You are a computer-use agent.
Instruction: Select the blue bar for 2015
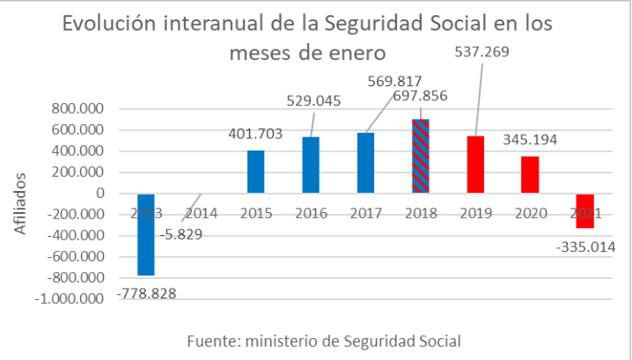coord(254,172)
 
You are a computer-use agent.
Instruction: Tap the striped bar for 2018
coord(421,156)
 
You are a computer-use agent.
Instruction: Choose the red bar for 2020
coord(530,174)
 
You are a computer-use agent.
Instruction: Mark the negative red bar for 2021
coord(585,211)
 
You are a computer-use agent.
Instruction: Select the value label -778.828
coord(146,292)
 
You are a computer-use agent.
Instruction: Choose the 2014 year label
coord(201,213)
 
